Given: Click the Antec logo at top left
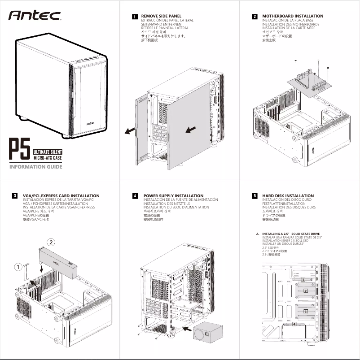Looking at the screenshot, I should click(35, 16).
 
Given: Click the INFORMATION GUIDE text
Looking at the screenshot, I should click(36, 167).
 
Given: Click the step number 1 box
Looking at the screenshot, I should click(134, 17).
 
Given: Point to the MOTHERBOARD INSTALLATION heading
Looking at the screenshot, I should click(292, 16).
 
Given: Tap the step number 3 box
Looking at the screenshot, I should click(15, 196).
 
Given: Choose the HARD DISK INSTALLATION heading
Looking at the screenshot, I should click(288, 196).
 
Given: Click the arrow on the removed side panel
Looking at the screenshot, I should click(190, 130).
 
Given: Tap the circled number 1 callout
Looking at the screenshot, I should click(18, 267).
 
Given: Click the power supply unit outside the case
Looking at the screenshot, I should click(208, 331).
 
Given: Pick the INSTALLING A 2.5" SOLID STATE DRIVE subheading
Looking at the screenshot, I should click(291, 234).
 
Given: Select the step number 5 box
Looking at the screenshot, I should click(255, 196).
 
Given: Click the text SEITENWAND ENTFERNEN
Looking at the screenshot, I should click(161, 24).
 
